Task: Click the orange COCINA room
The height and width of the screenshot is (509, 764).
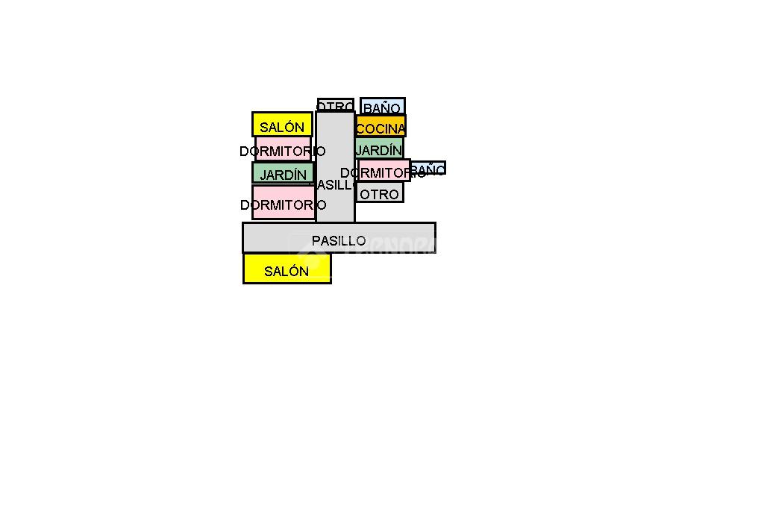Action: (x=381, y=126)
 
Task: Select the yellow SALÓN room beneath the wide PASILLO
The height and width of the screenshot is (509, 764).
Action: (x=287, y=269)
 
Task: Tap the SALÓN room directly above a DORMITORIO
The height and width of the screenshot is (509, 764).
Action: (x=282, y=124)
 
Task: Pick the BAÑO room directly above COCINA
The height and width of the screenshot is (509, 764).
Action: (x=383, y=106)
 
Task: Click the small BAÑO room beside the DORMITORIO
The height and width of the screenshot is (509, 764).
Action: (x=428, y=167)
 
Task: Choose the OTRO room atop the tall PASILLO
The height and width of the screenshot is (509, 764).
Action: (x=335, y=104)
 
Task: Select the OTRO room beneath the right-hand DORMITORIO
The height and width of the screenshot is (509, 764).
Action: (x=380, y=193)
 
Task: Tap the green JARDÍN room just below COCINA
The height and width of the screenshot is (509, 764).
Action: (x=379, y=148)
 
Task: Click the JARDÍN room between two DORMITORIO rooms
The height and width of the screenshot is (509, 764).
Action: (x=283, y=173)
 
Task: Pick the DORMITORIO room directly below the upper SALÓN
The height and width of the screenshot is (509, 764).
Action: (x=283, y=149)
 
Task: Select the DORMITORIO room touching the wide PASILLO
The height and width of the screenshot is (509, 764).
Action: (x=283, y=202)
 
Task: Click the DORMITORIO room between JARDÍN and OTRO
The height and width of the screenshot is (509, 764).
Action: (x=383, y=170)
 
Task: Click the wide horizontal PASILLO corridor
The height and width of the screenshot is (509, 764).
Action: (x=339, y=237)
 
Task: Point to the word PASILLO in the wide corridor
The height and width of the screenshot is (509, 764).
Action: (x=339, y=241)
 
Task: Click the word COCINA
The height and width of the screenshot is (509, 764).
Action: (x=381, y=129)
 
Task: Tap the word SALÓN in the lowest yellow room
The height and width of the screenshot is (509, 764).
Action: (x=286, y=272)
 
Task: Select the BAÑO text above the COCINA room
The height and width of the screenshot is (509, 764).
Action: (x=382, y=109)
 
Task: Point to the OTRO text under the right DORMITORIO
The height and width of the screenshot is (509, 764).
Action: (x=380, y=195)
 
